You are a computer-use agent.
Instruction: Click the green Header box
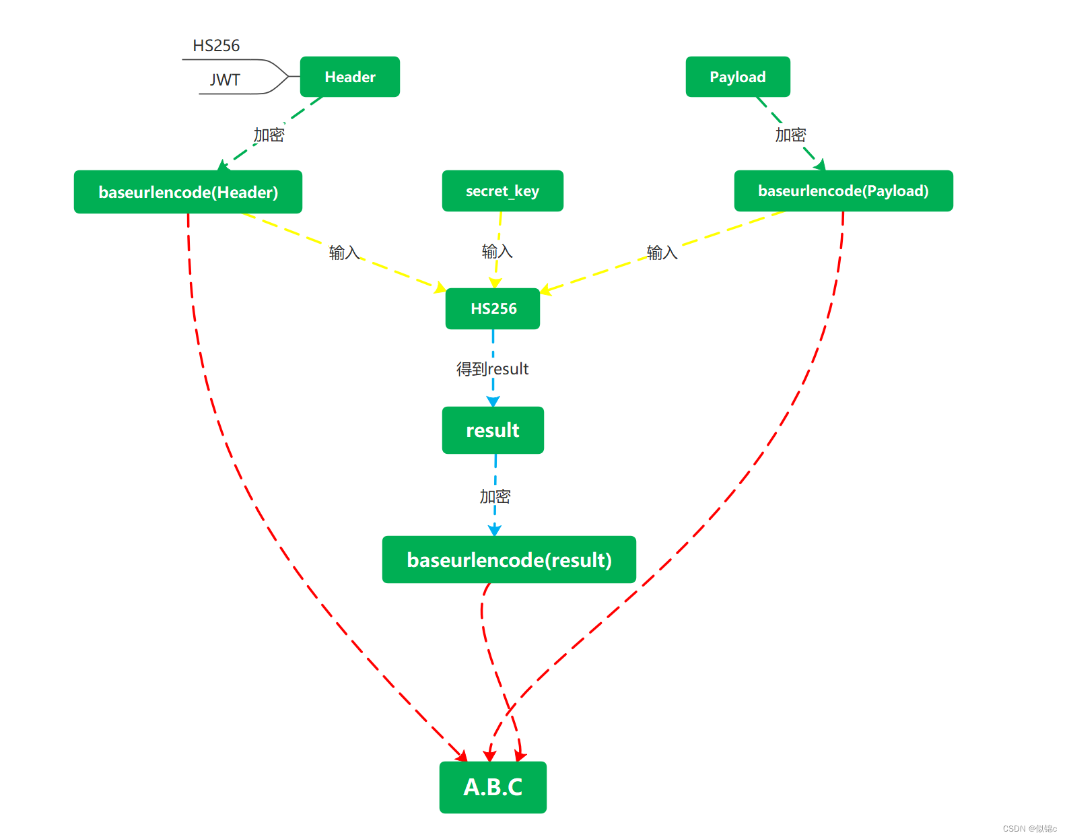pos(349,77)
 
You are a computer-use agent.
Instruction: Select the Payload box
pos(737,77)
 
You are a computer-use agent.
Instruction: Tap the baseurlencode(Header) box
pos(188,192)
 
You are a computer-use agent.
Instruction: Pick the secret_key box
pos(502,191)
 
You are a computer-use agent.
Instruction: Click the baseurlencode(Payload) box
pos(843,191)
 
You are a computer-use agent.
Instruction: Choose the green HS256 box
pos(493,308)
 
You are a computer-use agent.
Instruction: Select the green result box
pos(493,430)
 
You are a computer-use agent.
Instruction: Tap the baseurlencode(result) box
pos(509,560)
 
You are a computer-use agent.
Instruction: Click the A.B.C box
pos(493,787)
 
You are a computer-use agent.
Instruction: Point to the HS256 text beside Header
pos(216,46)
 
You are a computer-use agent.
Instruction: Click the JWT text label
pos(225,80)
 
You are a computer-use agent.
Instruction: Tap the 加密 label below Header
pos(269,135)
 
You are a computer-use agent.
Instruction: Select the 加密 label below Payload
pos(790,135)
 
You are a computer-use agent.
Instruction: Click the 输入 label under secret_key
pos(497,252)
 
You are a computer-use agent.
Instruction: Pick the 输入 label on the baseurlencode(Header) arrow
pos(344,253)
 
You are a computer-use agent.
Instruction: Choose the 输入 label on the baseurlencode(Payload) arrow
pos(662,253)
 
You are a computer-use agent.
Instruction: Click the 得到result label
pos(492,369)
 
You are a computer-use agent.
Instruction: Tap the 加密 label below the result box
pos(495,497)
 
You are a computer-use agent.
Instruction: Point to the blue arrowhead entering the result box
pos(493,401)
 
